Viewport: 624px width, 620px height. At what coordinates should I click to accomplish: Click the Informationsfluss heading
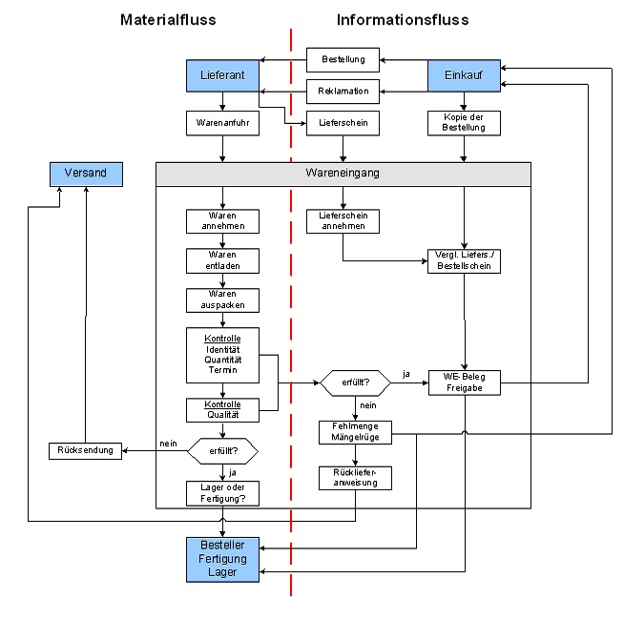point(403,20)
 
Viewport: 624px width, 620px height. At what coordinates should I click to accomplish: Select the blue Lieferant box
point(222,75)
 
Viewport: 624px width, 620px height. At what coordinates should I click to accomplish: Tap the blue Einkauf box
point(464,75)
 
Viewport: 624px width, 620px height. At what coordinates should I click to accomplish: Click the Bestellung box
point(343,60)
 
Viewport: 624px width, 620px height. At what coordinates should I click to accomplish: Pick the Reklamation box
point(343,92)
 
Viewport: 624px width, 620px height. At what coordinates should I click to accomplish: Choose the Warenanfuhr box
point(222,122)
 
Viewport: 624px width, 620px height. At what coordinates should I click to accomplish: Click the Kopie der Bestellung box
point(464,122)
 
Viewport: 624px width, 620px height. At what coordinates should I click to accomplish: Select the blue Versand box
point(86,173)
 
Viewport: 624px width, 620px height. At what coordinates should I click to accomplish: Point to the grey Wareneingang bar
point(343,174)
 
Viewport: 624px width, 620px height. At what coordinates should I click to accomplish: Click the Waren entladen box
point(222,260)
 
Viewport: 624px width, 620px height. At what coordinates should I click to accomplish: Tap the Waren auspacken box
point(222,300)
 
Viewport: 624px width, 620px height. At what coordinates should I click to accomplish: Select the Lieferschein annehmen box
point(343,221)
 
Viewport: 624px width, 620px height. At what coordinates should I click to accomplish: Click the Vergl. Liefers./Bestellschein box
point(464,261)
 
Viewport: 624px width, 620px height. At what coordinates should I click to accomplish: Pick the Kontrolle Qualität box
point(222,410)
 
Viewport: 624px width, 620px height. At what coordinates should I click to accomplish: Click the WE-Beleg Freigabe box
point(464,382)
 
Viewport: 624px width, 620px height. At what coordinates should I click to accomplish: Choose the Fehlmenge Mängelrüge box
point(355,432)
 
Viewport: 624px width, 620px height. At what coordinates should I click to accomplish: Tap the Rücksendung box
point(86,450)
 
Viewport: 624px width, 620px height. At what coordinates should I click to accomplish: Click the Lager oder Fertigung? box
point(222,493)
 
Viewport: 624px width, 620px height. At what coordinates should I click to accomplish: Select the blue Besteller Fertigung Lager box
point(222,559)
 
